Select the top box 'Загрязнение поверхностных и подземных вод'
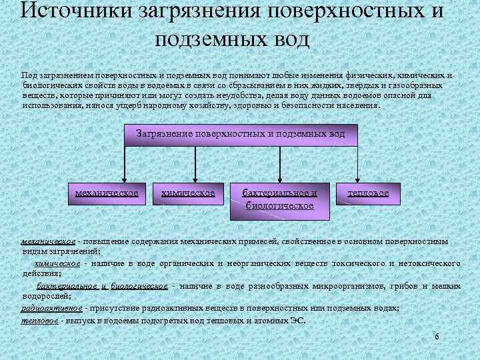tap(241, 134)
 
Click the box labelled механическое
tap(107, 194)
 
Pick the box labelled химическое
tap(188, 194)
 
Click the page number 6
tap(437, 337)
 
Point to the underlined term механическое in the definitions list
tap(48, 241)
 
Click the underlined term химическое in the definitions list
tap(62, 263)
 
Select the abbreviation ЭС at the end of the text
tap(297, 321)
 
